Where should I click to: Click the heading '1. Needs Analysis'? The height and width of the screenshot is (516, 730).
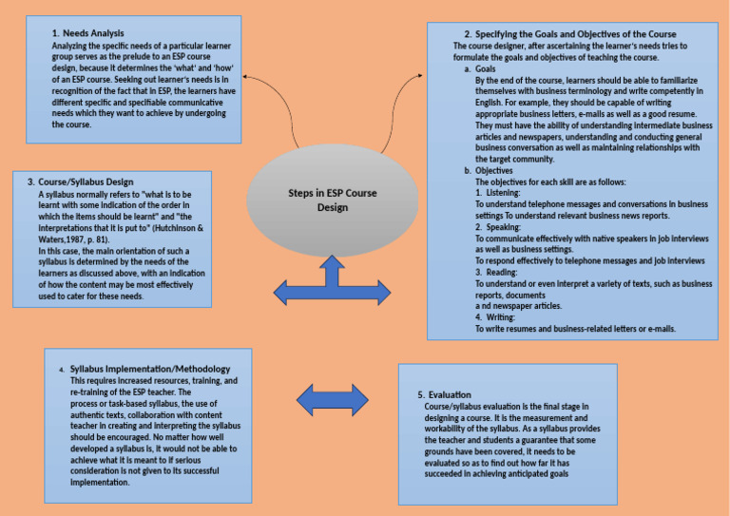click(x=89, y=33)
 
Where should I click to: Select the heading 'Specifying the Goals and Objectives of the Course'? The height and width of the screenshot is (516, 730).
click(x=586, y=35)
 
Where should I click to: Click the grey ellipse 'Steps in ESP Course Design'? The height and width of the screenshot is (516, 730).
click(x=332, y=199)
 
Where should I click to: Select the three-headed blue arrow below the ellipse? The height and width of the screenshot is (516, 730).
click(x=332, y=282)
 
